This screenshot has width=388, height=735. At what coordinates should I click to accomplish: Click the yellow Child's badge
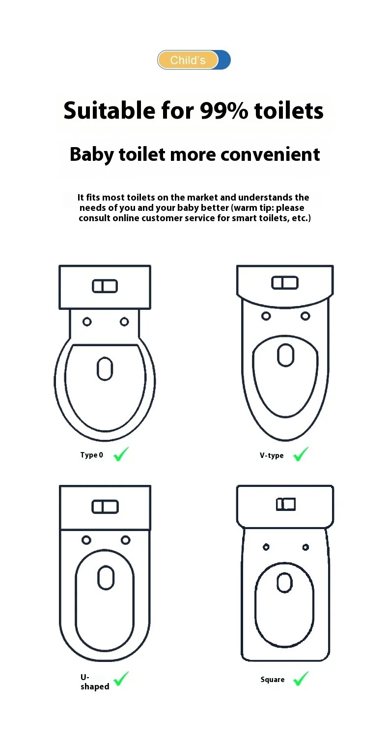point(188,60)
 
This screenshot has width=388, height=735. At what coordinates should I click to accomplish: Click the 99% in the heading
point(224,110)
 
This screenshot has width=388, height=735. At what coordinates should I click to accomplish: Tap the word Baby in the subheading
point(92,155)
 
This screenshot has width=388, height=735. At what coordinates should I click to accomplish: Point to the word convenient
point(270,154)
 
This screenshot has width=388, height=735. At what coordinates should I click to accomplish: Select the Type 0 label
point(92,455)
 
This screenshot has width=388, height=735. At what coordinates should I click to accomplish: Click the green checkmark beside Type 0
point(121,454)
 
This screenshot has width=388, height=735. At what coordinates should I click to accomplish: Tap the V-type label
point(272,455)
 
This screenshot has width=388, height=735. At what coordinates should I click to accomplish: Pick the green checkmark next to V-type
point(301,454)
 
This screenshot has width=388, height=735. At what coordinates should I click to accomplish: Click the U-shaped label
point(95,682)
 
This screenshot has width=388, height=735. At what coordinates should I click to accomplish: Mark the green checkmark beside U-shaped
point(121,678)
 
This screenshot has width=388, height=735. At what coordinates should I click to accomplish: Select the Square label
point(273,679)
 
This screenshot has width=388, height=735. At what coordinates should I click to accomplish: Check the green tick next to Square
point(301,678)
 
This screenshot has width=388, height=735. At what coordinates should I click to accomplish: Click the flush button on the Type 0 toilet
point(105,286)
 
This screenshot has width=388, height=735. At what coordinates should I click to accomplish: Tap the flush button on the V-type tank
point(285,282)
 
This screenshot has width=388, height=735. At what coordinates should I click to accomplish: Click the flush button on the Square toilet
point(286,504)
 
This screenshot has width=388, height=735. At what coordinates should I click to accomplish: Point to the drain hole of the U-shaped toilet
point(106,578)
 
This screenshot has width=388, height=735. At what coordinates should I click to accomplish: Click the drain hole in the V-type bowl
point(285,355)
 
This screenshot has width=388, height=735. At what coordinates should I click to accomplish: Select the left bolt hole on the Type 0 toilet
point(87,322)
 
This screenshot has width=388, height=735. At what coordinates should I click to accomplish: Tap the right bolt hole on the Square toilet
point(305,547)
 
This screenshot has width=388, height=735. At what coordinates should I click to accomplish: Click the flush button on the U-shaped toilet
point(105,507)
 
